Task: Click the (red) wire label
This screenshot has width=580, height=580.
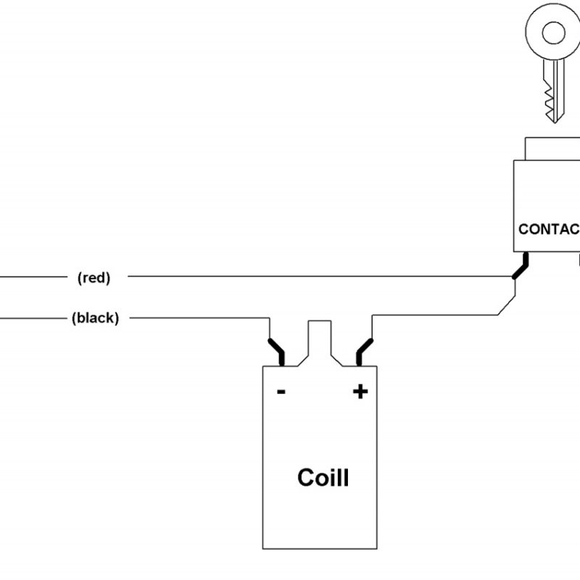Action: pyautogui.click(x=94, y=277)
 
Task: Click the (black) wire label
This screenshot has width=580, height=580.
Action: pyautogui.click(x=95, y=318)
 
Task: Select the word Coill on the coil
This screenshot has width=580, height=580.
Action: pyautogui.click(x=323, y=478)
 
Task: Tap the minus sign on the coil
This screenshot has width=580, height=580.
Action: pyautogui.click(x=281, y=392)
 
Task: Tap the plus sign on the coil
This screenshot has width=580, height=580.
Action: pyautogui.click(x=360, y=392)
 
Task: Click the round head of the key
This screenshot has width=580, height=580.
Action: pyautogui.click(x=554, y=33)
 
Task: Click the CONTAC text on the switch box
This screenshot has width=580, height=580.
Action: pyautogui.click(x=549, y=230)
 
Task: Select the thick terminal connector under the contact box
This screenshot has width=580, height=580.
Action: pyautogui.click(x=521, y=266)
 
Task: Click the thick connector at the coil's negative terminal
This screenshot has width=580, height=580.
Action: pyautogui.click(x=277, y=351)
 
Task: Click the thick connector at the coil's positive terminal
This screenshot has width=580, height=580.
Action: pyautogui.click(x=364, y=351)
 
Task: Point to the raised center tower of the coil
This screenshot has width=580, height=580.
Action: pyautogui.click(x=320, y=341)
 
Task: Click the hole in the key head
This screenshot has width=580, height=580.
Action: pyautogui.click(x=554, y=33)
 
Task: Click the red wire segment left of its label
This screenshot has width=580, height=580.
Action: pyautogui.click(x=33, y=277)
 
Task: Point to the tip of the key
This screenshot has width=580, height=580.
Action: pyautogui.click(x=555, y=120)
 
